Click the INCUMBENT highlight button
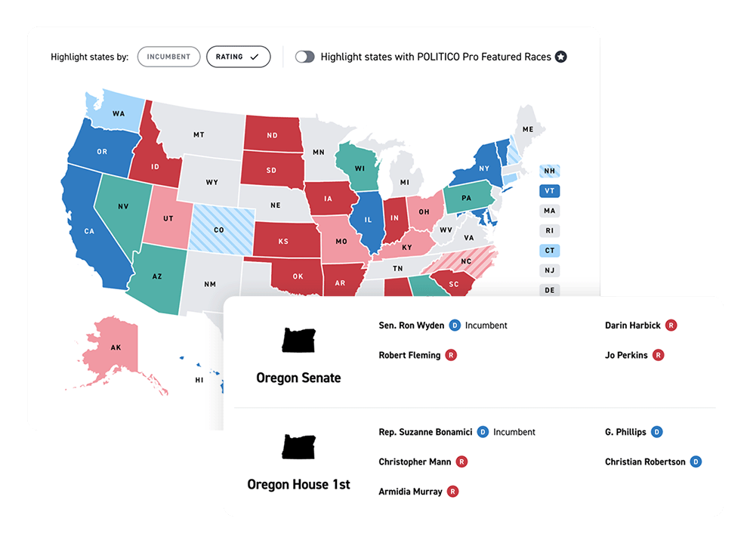pos(168,57)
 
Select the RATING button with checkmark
pos(238,57)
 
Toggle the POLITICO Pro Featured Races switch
pos(304,57)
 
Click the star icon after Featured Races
pos(560,57)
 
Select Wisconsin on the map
pos(356,167)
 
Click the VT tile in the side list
pos(549,191)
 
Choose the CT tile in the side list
pos(549,251)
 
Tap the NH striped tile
pos(549,171)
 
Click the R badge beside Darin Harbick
pos(671,325)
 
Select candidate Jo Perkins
pos(626,355)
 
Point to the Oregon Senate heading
pos(298,378)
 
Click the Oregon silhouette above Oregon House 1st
pos(300,446)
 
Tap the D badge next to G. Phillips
pos(656,432)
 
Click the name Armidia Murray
pos(410,492)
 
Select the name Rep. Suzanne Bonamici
pos(425,432)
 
